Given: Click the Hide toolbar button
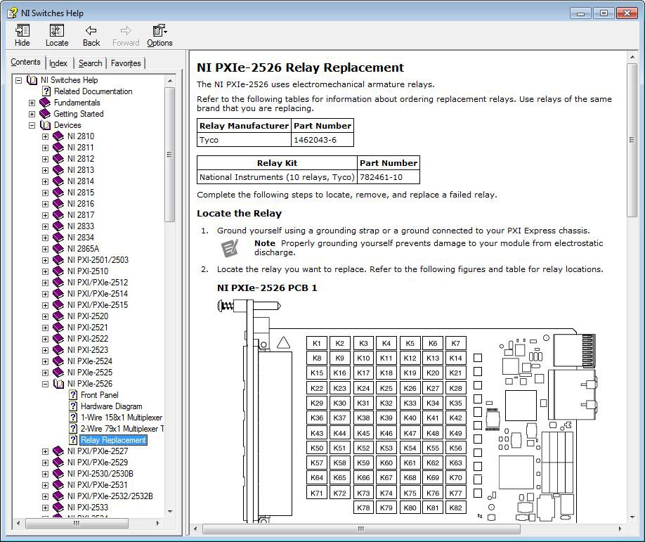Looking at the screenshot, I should coord(22,35).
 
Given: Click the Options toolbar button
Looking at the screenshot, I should coord(159,35).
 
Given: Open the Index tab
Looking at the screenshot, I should coord(58,63).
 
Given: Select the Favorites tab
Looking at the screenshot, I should coord(126,63).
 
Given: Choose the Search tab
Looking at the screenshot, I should coord(90,63).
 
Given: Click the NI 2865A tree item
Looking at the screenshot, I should coord(83,249).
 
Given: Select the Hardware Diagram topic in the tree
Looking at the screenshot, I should coord(111,406).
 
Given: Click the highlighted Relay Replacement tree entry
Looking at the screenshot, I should coord(113,440).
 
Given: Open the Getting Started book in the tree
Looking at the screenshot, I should coord(78,114).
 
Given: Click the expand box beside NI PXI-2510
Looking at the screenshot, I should coord(45,271).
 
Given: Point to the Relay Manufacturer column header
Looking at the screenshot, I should coord(244,126).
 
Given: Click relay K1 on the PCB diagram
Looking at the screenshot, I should coord(317,343).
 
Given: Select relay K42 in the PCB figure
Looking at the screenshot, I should coord(455,418).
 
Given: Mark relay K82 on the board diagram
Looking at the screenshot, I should coord(455,508).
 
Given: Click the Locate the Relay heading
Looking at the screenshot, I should coord(239,214).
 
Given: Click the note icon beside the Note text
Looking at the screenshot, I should coord(230,247).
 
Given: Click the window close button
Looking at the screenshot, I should coord(626,13).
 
